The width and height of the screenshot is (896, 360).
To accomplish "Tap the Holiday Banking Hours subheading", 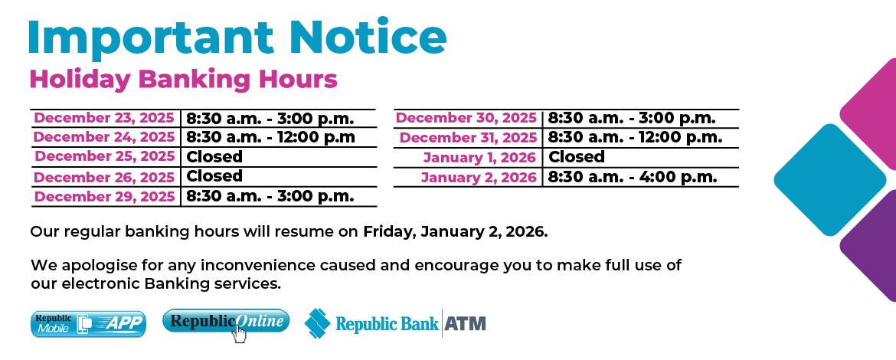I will point(183,79).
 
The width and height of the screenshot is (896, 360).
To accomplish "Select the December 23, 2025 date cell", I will point(105,118).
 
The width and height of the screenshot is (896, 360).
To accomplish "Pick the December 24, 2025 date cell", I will point(105,137).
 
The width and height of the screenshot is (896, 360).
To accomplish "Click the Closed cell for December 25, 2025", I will point(215,157).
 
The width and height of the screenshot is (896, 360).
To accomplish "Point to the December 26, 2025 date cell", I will point(105,176).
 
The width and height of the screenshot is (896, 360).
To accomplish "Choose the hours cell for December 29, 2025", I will point(270,196).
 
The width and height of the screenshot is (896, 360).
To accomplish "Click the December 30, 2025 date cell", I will point(467,118).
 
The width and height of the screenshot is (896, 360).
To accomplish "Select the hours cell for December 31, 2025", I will point(635,138).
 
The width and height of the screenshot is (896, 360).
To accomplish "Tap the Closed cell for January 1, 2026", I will point(577,157).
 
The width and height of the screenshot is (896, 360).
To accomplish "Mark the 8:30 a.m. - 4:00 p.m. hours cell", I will point(633,177).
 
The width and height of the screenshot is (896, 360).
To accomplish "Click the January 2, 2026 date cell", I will point(479,177).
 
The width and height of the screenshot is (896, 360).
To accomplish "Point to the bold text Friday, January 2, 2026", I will point(455,231).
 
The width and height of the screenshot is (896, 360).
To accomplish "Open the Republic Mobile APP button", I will point(88,324).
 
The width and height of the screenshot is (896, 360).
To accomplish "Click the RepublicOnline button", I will point(226,322).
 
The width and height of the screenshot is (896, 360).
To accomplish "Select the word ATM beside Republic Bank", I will point(466,323).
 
